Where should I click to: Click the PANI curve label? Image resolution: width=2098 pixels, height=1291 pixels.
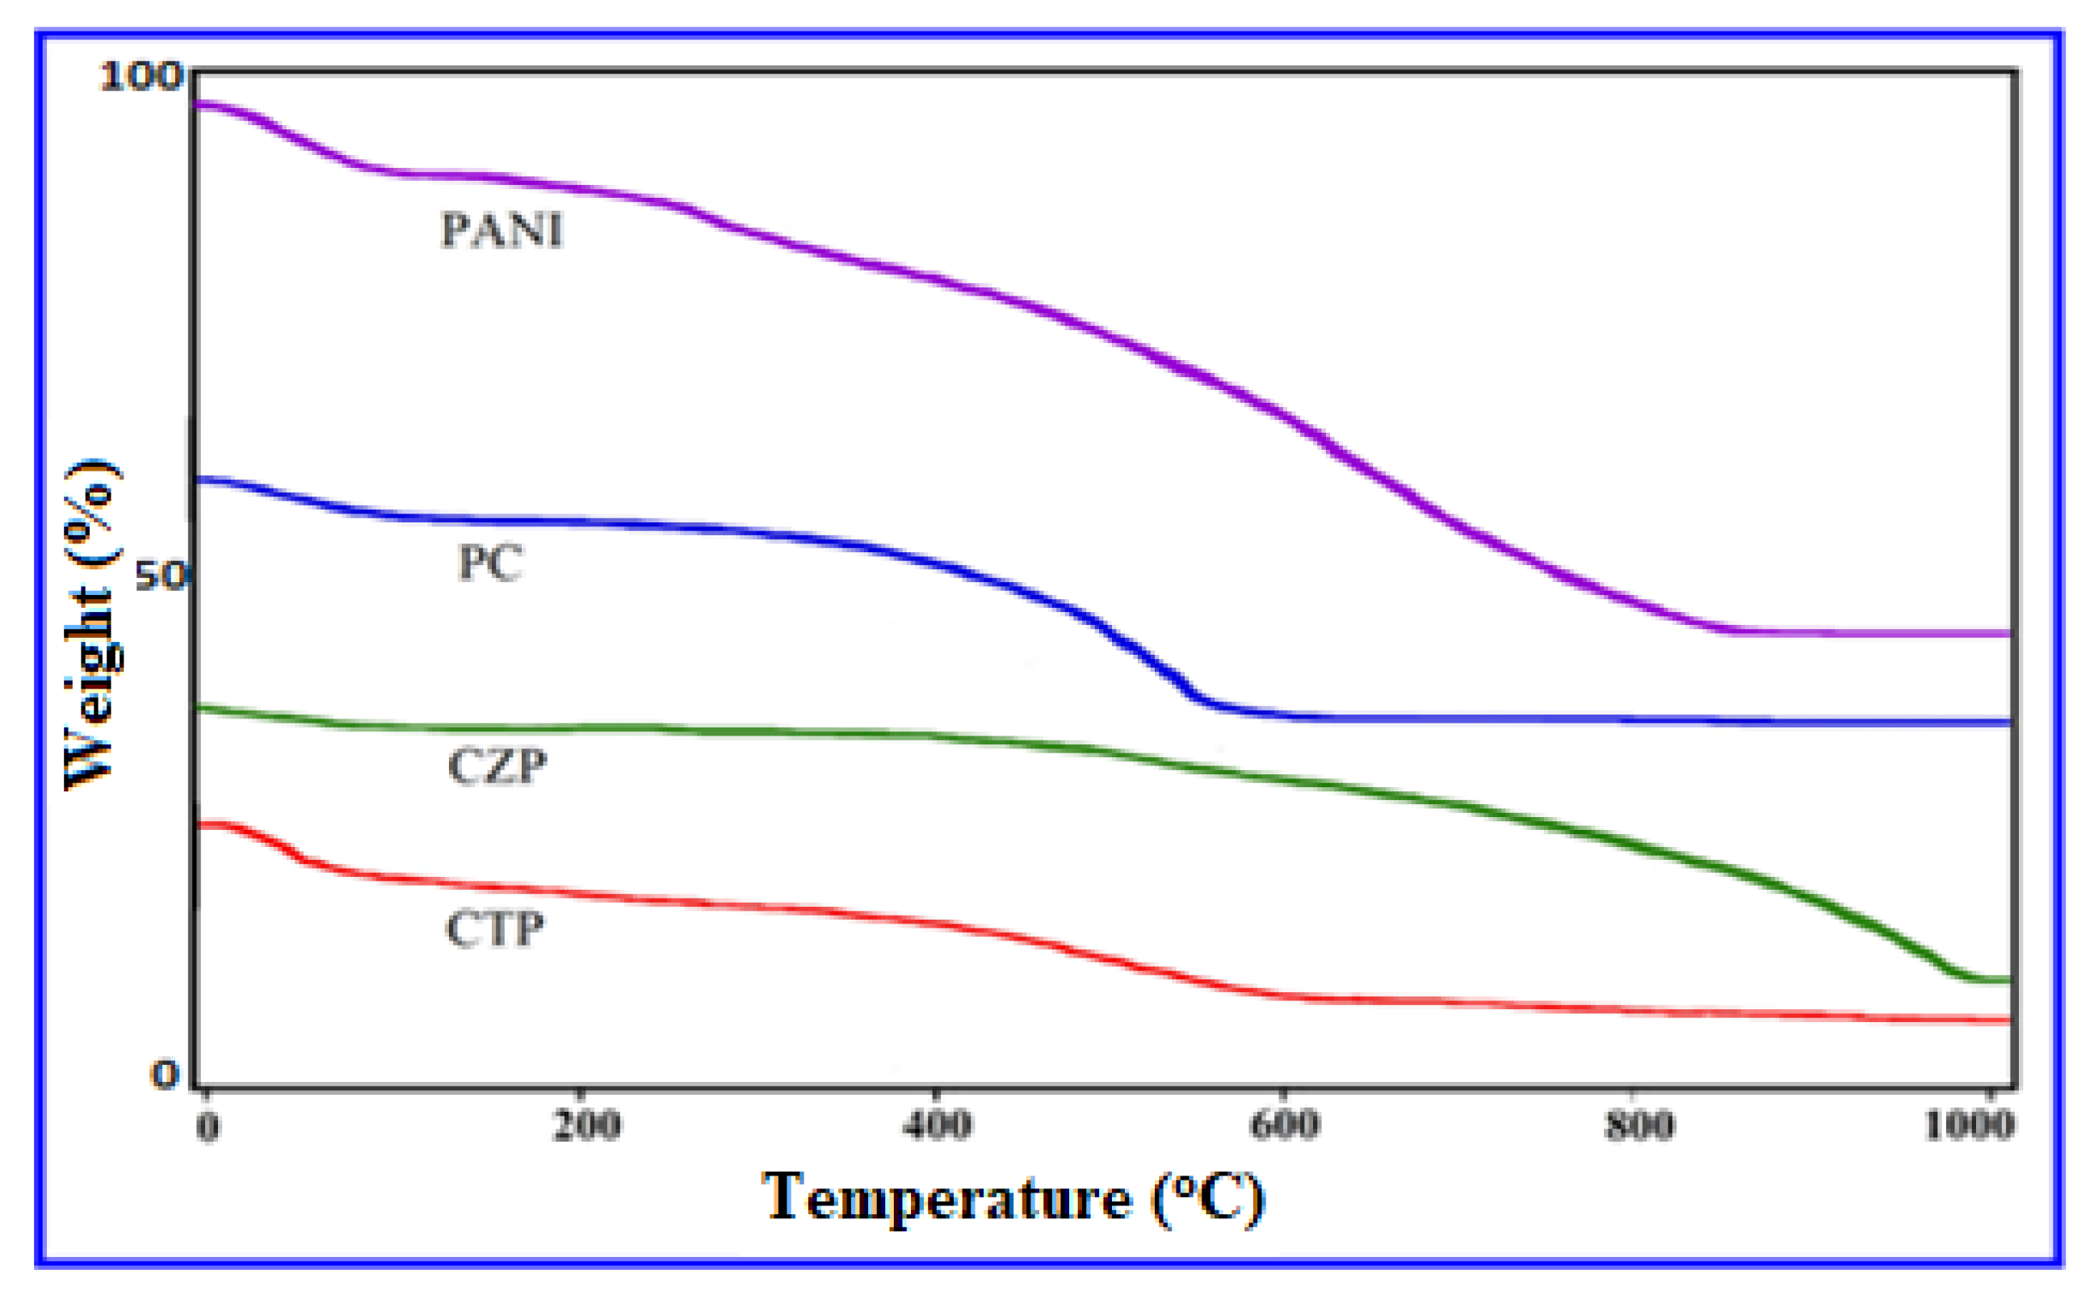pyautogui.click(x=501, y=229)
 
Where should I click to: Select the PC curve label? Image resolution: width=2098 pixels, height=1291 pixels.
pyautogui.click(x=489, y=563)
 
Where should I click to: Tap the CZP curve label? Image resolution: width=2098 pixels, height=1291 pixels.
pyautogui.click(x=497, y=765)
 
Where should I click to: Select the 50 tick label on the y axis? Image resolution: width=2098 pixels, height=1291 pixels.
pyautogui.click(x=160, y=576)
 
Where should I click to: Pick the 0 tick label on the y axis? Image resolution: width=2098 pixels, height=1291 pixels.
pyautogui.click(x=165, y=1074)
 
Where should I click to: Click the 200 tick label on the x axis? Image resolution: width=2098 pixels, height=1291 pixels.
pyautogui.click(x=585, y=1126)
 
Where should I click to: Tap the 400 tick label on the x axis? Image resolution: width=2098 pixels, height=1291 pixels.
pyautogui.click(x=937, y=1126)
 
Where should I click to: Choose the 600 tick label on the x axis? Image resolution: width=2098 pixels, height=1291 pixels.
pyautogui.click(x=1284, y=1126)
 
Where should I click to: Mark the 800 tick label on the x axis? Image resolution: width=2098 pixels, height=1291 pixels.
pyautogui.click(x=1639, y=1126)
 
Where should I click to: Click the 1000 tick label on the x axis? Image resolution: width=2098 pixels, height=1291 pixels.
pyautogui.click(x=1969, y=1126)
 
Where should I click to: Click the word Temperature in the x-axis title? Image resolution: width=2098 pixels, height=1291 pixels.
pyautogui.click(x=946, y=1199)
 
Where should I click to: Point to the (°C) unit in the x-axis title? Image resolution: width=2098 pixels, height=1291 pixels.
pyautogui.click(x=1207, y=1199)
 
